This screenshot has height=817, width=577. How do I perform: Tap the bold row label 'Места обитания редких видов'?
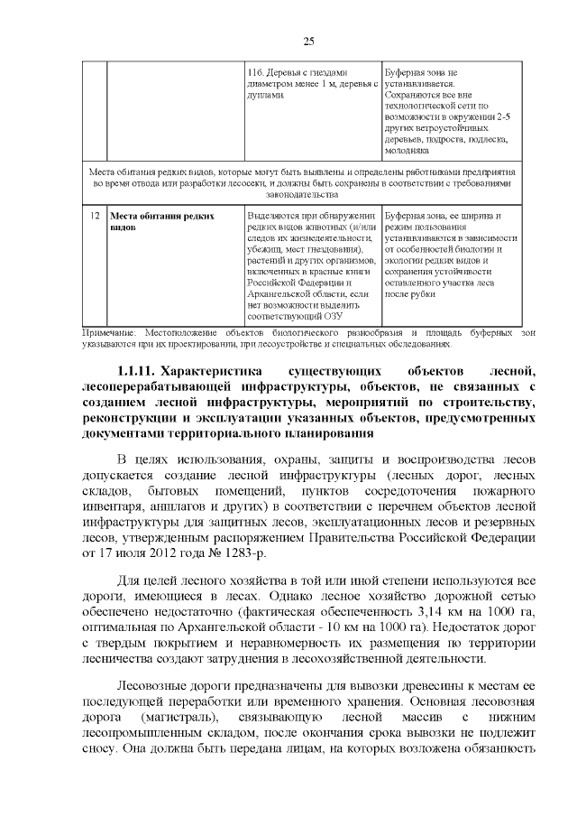161,222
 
